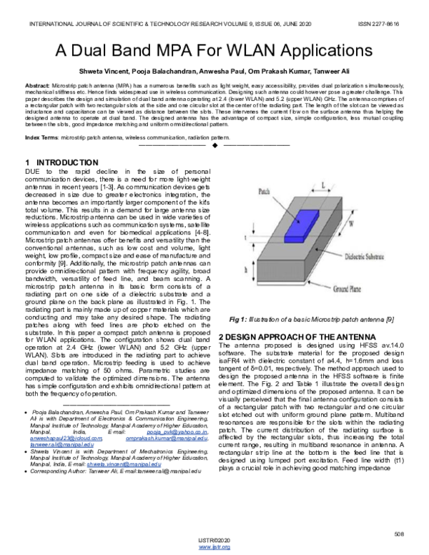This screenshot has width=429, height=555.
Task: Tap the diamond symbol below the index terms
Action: (214, 145)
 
